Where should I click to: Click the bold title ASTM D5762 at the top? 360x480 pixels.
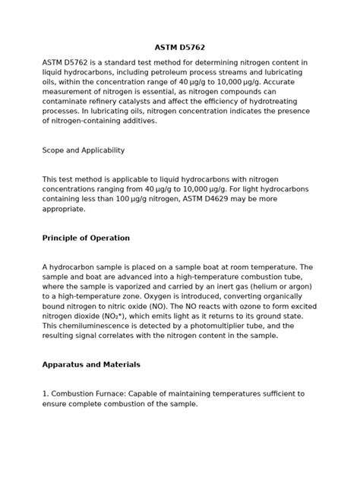tap(180, 47)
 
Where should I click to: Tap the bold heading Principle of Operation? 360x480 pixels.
tap(86, 238)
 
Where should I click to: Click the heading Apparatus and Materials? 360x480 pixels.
tap(90, 365)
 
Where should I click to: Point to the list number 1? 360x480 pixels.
tap(44, 393)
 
